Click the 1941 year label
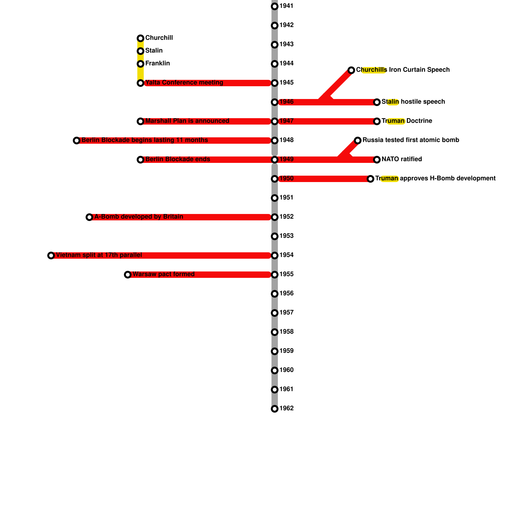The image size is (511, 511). tap(286, 6)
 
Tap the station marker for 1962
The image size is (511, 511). tap(275, 409)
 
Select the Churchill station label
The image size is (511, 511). tap(159, 38)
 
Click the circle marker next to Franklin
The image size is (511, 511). tap(141, 64)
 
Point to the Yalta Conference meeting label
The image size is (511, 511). tap(184, 83)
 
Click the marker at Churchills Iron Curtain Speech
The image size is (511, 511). tap(351, 70)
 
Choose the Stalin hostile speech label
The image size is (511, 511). tap(413, 102)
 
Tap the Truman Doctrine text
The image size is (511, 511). tap(407, 121)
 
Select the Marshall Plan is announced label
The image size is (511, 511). tap(187, 121)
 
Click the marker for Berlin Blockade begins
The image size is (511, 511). tap(77, 141)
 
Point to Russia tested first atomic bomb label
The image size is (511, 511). tap(411, 140)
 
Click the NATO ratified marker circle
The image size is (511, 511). tap(377, 160)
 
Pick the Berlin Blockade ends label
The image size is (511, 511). tap(178, 159)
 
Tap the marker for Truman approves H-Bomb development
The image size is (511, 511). tap(370, 179)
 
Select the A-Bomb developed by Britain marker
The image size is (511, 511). tap(89, 217)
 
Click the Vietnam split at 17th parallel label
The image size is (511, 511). tap(99, 255)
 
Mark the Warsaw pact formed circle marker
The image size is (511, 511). tap(128, 275)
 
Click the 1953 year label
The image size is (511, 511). tap(286, 236)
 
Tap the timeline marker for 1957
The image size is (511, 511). tap(275, 313)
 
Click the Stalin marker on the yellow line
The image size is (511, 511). tap(141, 51)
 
